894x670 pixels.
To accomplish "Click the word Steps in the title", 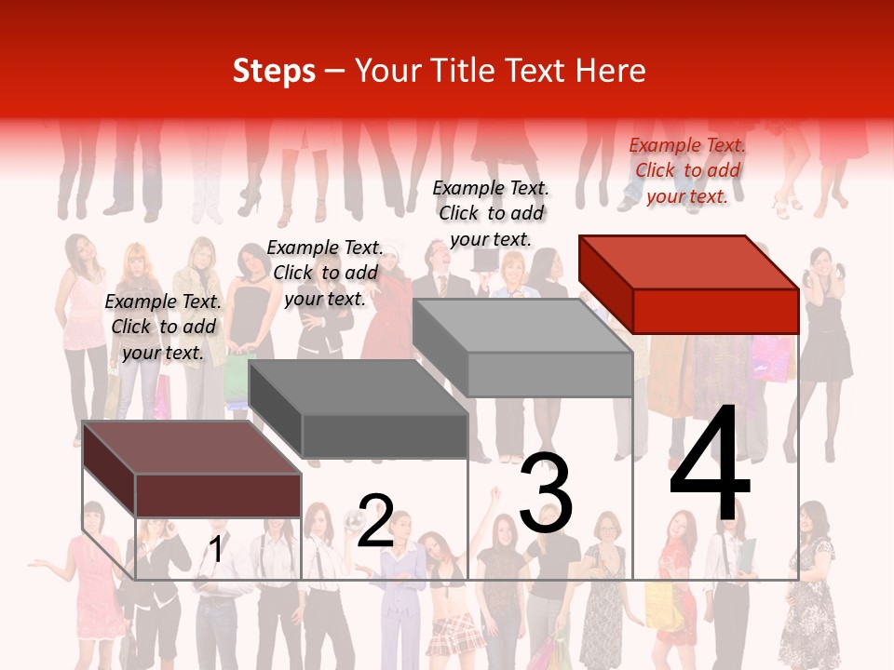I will pos(274,71).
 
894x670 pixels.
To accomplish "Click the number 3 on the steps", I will pos(546,493).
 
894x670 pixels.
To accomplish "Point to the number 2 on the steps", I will pos(375,521).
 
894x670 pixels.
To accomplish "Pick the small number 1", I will pos(215,550).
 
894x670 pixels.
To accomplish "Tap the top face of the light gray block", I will pos(522,326).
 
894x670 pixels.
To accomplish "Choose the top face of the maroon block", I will pos(192,448).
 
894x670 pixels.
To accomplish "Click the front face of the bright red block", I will pos(715,311).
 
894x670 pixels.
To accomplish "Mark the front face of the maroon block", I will pos(218,495).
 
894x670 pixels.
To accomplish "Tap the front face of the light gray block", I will pos(549,374).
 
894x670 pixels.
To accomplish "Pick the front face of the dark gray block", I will pos(384,435).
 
